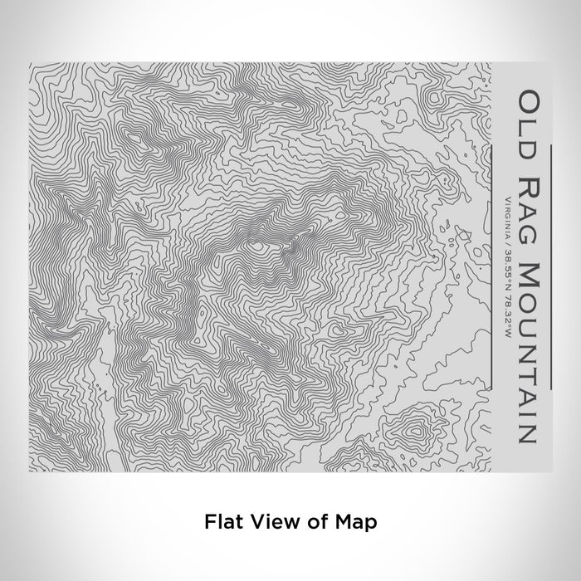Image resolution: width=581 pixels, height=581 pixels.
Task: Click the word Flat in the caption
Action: (223, 522)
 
